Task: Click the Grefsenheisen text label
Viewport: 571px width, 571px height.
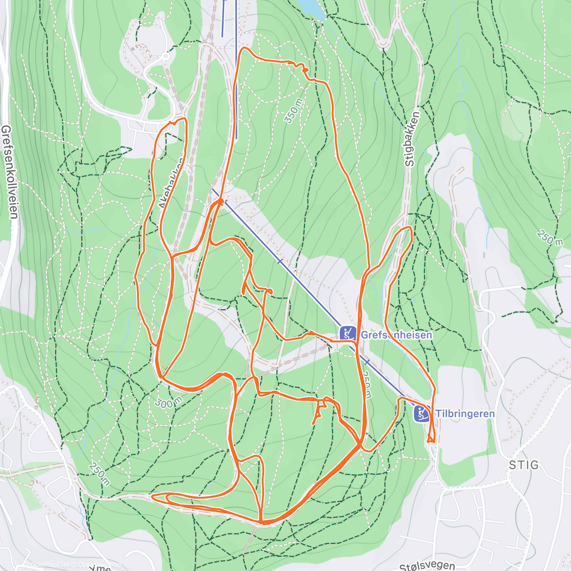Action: (x=396, y=335)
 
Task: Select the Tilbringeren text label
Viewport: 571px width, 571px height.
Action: (x=465, y=413)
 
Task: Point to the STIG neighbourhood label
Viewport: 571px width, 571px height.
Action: (x=523, y=465)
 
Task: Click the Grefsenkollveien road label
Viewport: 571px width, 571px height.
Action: (x=9, y=172)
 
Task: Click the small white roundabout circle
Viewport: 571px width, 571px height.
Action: (x=166, y=56)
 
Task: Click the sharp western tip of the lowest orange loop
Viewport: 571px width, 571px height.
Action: (x=153, y=497)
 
